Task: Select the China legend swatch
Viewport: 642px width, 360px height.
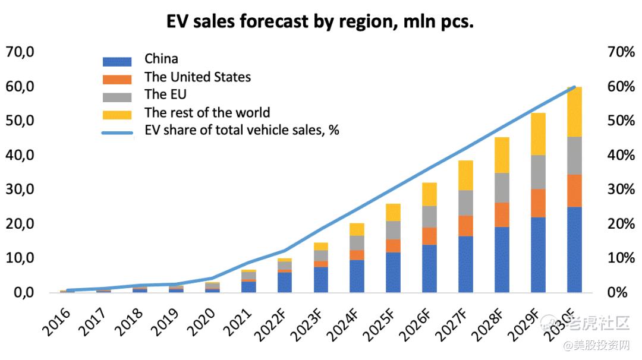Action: [x=117, y=61]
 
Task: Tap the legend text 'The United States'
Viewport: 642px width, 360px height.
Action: [x=197, y=77]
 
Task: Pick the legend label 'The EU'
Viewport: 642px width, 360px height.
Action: [x=165, y=94]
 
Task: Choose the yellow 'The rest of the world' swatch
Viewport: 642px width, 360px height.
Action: [x=117, y=114]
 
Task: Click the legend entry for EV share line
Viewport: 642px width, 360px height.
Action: [x=241, y=130]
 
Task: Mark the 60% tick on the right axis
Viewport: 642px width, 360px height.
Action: [x=622, y=87]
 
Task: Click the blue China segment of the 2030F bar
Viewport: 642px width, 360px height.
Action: [x=574, y=250]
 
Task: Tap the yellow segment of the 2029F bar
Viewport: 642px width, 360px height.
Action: [x=538, y=134]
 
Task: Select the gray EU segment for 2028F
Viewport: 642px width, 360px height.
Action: [x=502, y=188]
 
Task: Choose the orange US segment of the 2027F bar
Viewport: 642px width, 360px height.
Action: [x=465, y=226]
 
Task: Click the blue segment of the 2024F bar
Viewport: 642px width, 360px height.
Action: [x=357, y=276]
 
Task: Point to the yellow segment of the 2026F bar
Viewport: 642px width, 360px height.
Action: [x=429, y=194]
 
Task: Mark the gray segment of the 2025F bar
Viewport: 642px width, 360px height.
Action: [x=393, y=230]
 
